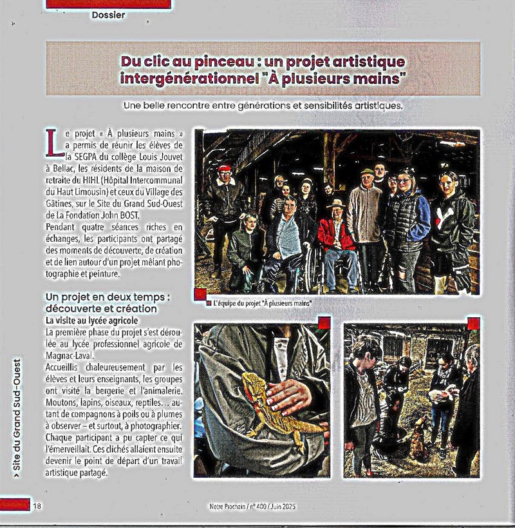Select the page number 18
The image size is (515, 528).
point(37,506)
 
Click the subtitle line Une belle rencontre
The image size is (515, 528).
point(262,106)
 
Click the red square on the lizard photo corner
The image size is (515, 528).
point(324,323)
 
